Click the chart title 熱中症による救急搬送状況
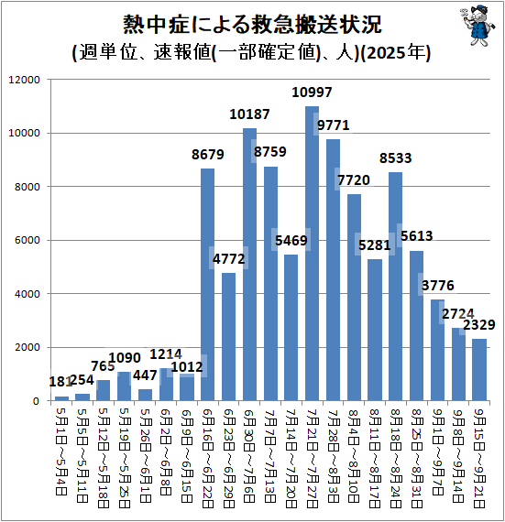pos(252,23)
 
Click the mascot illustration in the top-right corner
pos(471,27)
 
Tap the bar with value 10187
pos(249,265)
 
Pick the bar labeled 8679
pos(208,285)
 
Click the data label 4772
pos(228,258)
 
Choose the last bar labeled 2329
pos(479,370)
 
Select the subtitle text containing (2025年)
pos(252,52)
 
